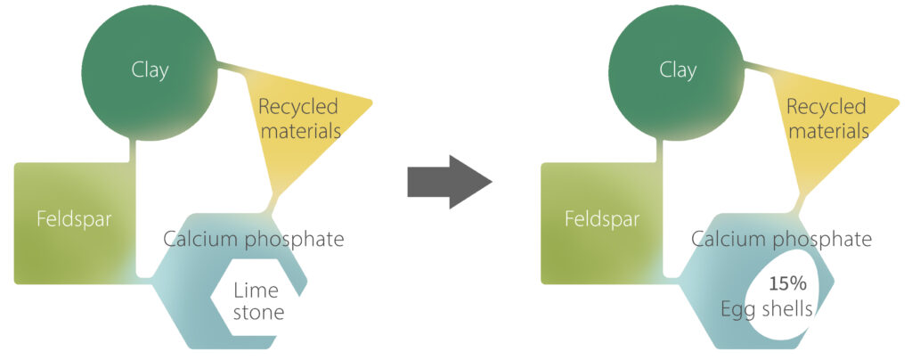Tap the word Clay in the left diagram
click(x=150, y=70)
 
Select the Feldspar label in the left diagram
click(x=73, y=219)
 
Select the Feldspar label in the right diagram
click(x=601, y=219)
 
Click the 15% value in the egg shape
click(x=788, y=285)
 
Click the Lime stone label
click(x=258, y=301)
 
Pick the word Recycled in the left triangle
click(x=298, y=108)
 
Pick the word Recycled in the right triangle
click(x=826, y=108)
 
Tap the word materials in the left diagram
click(x=299, y=131)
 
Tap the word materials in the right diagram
click(x=827, y=131)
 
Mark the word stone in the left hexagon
click(x=258, y=313)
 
